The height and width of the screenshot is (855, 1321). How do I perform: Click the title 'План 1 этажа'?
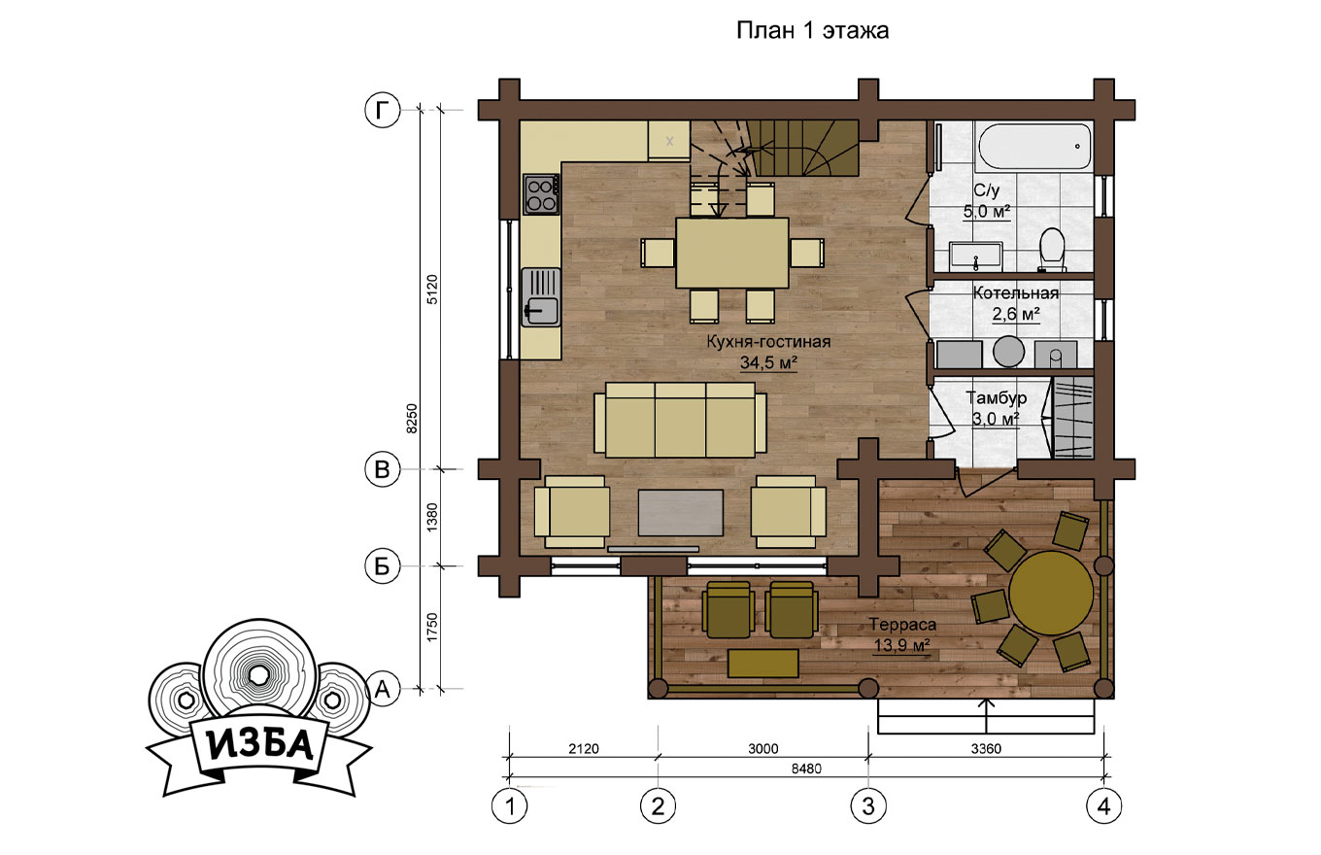pos(812,30)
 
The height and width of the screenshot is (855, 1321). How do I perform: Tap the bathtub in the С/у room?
pos(1034,147)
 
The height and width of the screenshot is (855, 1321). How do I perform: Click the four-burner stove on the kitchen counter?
pos(541,194)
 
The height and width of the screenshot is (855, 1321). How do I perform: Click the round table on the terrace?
pos(1050,593)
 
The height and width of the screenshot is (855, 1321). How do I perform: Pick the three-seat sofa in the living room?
pos(680,420)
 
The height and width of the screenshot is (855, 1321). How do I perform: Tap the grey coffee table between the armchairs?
pos(681,512)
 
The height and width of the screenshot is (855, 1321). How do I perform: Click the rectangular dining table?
pos(731,254)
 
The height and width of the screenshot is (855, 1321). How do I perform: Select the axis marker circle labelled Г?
pos(383,110)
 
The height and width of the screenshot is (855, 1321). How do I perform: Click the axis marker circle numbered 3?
pos(868,805)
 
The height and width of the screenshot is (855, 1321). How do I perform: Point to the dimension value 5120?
pos(432,290)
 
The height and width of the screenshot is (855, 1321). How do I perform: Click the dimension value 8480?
pos(806,769)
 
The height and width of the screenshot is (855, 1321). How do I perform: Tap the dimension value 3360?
pos(986,749)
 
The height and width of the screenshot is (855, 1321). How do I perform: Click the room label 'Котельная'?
pos(1016,293)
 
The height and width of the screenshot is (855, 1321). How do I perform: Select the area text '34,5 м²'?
pos(768,361)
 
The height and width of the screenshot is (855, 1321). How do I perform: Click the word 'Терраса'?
pos(902,625)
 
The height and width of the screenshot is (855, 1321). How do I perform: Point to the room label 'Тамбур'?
pos(996,398)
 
